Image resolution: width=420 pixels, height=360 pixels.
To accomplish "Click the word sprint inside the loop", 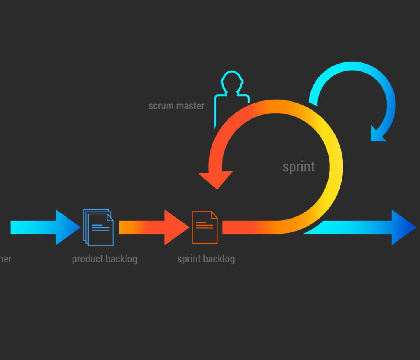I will [x=299, y=167].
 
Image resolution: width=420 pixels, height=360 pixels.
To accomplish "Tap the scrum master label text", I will [x=176, y=106].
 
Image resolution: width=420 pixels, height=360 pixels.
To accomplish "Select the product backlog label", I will [x=105, y=259].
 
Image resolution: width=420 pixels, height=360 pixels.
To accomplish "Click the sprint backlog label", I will [x=206, y=259].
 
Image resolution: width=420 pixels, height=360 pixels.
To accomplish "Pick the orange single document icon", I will [x=204, y=227].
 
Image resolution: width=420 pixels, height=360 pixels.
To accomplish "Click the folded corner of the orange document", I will [x=214, y=215].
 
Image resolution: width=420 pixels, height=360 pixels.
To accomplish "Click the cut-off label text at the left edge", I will [x=5, y=259].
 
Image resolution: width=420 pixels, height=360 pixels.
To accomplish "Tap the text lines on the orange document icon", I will [x=204, y=225].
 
